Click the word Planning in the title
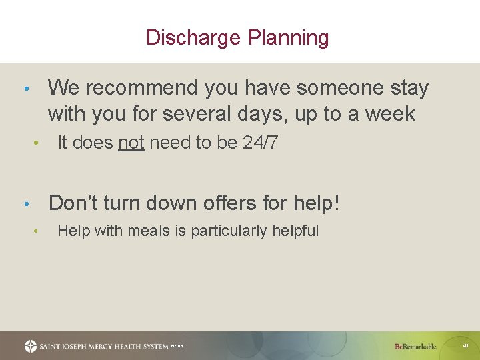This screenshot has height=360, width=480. [289, 38]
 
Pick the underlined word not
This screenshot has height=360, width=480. [131, 142]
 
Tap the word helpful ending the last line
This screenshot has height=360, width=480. [297, 231]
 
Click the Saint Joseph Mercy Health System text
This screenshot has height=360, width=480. [103, 346]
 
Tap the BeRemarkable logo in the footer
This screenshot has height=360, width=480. [415, 346]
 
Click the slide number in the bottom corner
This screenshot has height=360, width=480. [465, 346]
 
